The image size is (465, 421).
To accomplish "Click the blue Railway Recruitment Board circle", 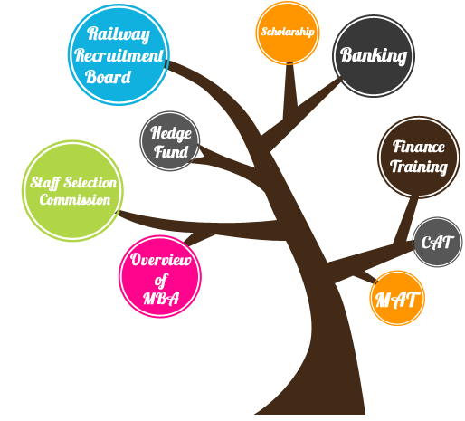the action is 119,55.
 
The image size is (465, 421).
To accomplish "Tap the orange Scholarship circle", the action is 288,33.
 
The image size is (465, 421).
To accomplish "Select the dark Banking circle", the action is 374,56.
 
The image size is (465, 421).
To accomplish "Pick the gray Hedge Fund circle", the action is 170,141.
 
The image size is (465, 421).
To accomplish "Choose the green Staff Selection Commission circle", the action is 72,191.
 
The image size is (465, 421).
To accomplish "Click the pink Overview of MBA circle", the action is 160,276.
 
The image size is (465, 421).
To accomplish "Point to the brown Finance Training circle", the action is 419,158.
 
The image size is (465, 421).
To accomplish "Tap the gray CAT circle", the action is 437,242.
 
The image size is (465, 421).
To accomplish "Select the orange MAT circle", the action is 397,298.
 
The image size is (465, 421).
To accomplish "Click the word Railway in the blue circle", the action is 119,34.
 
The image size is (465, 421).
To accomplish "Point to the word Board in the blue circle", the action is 108,77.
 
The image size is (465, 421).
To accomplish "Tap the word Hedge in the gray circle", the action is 171,133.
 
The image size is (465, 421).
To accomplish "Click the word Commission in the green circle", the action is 75,200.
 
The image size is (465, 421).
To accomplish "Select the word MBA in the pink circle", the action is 161,298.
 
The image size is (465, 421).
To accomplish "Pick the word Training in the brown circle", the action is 419,167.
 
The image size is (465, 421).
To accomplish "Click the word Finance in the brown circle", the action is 419,147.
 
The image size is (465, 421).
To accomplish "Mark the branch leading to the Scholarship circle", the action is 289,91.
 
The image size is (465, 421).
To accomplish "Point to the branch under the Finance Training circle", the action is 406,219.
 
